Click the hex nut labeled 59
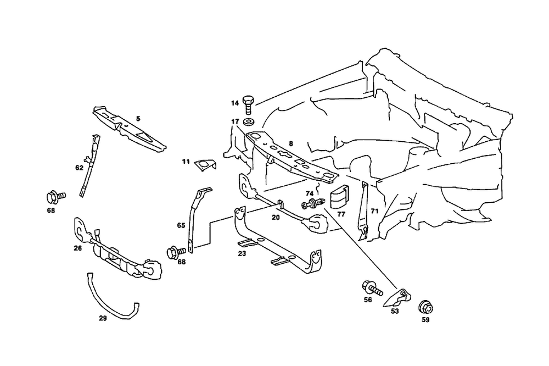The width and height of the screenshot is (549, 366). point(424,307)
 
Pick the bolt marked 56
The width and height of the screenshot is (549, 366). point(372,287)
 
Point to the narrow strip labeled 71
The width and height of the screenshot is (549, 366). point(363,212)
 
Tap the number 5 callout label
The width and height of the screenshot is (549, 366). point(138,118)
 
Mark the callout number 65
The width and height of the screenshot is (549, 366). point(181,225)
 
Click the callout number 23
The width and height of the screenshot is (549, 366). point(242,254)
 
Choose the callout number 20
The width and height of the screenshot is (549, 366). point(276,217)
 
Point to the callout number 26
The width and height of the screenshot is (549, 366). point(78,248)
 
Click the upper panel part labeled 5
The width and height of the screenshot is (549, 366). point(129,129)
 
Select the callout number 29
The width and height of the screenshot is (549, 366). point(103,318)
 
